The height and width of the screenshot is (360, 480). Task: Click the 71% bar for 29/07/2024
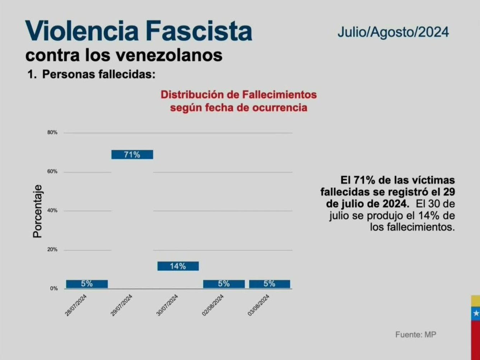pyautogui.click(x=132, y=155)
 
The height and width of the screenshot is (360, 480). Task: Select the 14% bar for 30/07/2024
pyautogui.click(x=178, y=266)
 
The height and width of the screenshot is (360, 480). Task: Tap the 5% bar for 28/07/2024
pyautogui.click(x=87, y=284)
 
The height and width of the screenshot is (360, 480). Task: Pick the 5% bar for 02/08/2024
pyautogui.click(x=224, y=284)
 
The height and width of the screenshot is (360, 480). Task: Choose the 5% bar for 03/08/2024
pyautogui.click(x=269, y=284)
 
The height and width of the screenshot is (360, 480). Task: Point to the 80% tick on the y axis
pyautogui.click(x=52, y=132)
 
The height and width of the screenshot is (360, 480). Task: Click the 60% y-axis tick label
pyautogui.click(x=52, y=172)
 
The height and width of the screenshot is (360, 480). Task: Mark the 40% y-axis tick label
pyautogui.click(x=52, y=211)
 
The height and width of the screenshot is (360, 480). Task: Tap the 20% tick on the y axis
pyautogui.click(x=52, y=250)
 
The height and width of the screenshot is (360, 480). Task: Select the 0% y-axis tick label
pyautogui.click(x=53, y=289)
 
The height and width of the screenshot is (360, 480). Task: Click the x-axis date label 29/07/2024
pyautogui.click(x=122, y=305)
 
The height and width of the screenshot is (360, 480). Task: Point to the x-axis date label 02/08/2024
pyautogui.click(x=213, y=305)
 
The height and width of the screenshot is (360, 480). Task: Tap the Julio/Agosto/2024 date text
pyautogui.click(x=393, y=32)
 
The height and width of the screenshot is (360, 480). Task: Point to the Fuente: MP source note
pyautogui.click(x=416, y=335)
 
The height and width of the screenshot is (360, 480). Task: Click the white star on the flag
pyautogui.click(x=476, y=313)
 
